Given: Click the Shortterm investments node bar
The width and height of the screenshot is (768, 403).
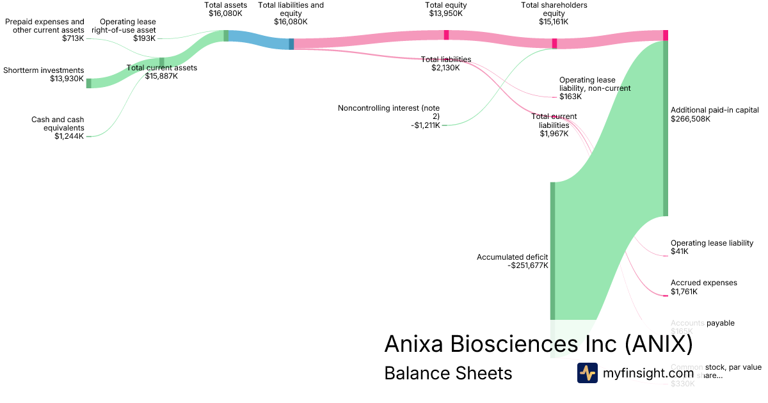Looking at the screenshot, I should pyautogui.click(x=89, y=83).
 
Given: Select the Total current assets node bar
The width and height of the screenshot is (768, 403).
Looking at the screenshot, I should pyautogui.click(x=161, y=61).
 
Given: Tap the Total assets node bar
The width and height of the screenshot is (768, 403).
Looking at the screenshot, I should pyautogui.click(x=226, y=36).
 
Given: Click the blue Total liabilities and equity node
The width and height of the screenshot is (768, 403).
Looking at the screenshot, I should pyautogui.click(x=291, y=44).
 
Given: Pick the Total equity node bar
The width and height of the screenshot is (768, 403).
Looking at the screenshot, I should pyautogui.click(x=446, y=35).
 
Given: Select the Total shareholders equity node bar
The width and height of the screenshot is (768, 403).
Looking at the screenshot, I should pyautogui.click(x=554, y=43).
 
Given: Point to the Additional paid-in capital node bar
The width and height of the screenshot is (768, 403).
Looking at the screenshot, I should pyautogui.click(x=666, y=128).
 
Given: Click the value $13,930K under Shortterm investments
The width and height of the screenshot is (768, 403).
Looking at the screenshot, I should pyautogui.click(x=67, y=79).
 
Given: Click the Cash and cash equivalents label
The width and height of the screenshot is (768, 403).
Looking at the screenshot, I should pyautogui.click(x=58, y=123).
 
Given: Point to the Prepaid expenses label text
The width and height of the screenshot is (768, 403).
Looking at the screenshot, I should pyautogui.click(x=45, y=26).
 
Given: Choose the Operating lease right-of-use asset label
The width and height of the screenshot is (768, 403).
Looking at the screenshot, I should pyautogui.click(x=127, y=26).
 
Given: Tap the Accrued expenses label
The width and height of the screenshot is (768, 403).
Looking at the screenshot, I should pyautogui.click(x=703, y=283).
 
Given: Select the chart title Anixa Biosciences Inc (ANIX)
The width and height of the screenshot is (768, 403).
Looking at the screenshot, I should pyautogui.click(x=538, y=344).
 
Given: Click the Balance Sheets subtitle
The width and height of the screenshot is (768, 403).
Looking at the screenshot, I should pyautogui.click(x=448, y=373).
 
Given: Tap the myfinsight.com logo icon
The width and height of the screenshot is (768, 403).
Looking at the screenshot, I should pyautogui.click(x=587, y=373).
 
